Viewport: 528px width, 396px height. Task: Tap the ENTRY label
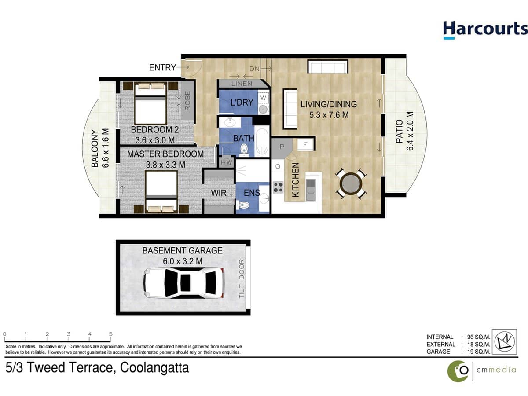click(x=162, y=67)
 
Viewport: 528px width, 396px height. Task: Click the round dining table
click(x=349, y=183)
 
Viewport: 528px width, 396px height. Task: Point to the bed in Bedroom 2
click(x=150, y=104)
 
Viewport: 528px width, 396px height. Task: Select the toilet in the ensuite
click(x=242, y=205)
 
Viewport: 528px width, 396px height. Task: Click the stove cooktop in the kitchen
click(x=278, y=187)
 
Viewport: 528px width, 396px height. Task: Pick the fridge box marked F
click(x=305, y=144)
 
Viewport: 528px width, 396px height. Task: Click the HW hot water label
click(x=226, y=162)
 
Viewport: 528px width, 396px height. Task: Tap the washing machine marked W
click(x=263, y=99)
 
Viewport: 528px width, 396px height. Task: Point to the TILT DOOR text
click(x=241, y=279)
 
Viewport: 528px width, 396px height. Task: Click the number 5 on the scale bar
click(x=110, y=334)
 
